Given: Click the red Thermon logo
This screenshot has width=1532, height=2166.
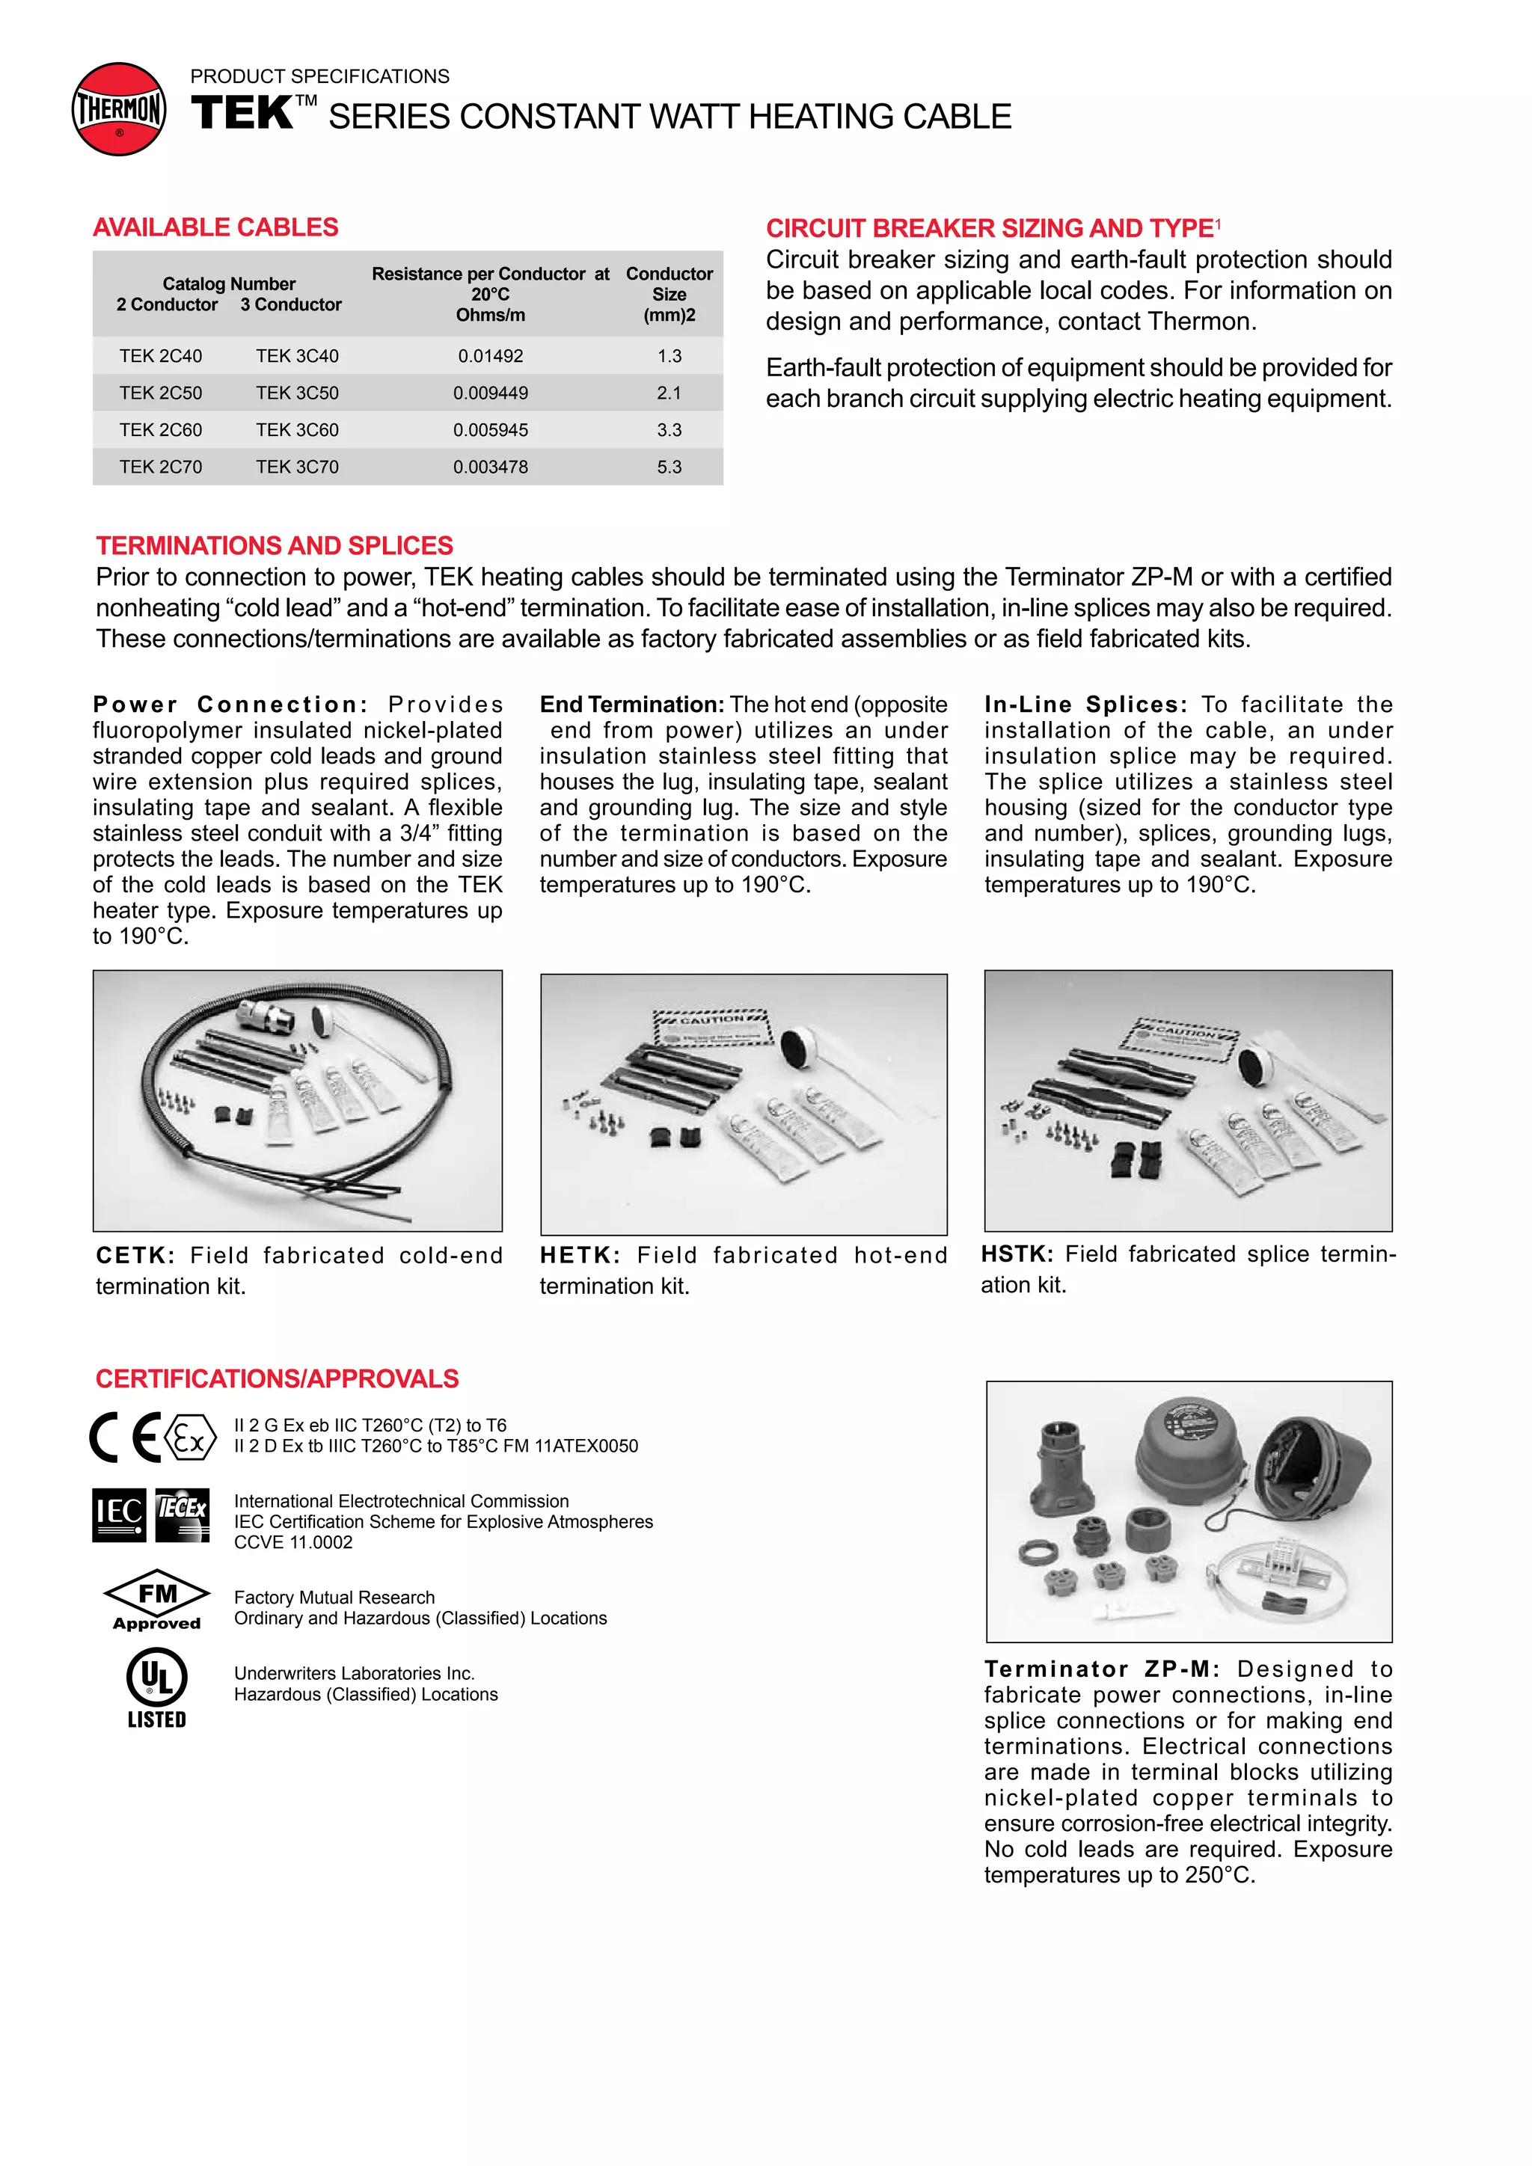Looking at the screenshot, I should click(x=119, y=109).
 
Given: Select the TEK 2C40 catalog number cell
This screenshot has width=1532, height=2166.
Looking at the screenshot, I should click(x=160, y=356).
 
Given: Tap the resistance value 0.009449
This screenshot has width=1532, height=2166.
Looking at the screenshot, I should click(x=490, y=393).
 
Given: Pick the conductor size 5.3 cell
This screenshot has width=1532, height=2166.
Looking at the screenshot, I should click(x=669, y=466).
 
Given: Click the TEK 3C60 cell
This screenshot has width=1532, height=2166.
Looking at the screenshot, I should click(x=296, y=429).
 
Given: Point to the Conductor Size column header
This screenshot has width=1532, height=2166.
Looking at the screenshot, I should click(x=669, y=293).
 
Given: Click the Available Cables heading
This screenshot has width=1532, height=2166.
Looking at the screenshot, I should click(x=215, y=227).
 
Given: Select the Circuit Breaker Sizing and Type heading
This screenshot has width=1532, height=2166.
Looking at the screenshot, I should click(x=990, y=228).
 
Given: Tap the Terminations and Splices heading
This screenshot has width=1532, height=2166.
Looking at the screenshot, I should click(x=275, y=545).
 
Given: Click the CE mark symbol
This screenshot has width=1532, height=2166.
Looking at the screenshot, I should click(x=126, y=1438).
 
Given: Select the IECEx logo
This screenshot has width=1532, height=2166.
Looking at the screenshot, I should click(x=181, y=1515).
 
